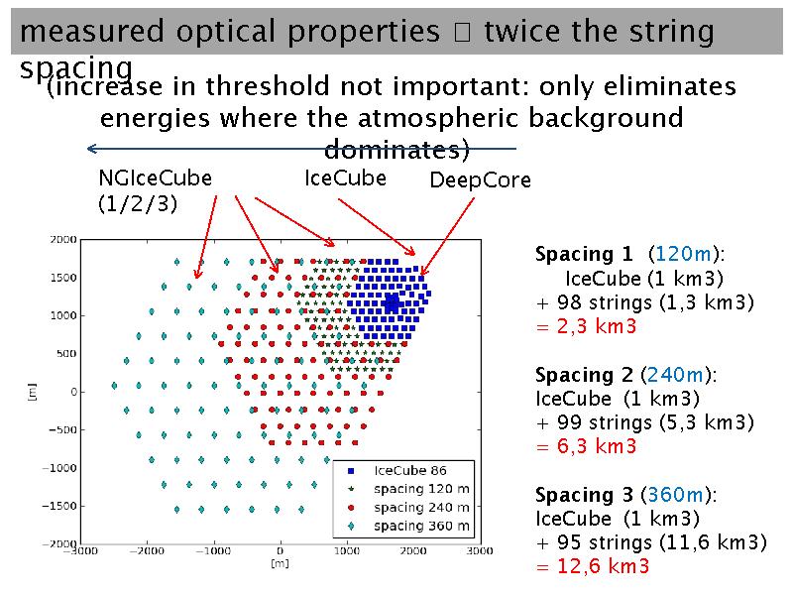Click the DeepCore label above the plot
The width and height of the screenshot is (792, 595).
point(480,180)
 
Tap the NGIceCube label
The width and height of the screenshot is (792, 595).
point(155,178)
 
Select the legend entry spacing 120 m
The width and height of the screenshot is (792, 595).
point(420,488)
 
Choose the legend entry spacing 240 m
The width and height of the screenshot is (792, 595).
point(420,507)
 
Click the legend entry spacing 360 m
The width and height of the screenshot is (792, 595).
point(420,525)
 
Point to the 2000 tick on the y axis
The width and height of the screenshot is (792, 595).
point(63,239)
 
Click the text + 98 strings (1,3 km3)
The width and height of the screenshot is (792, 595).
point(644,302)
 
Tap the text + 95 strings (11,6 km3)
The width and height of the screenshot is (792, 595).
point(650,542)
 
